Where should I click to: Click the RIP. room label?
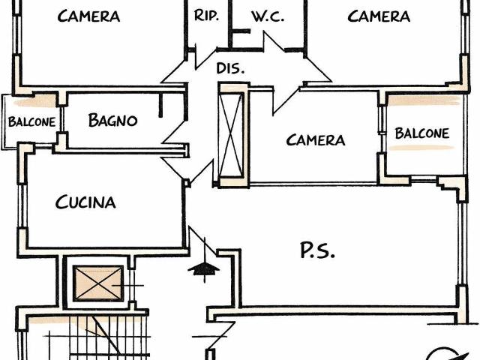point(206,15)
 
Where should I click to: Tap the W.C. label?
point(268,16)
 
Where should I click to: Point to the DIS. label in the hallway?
point(229,68)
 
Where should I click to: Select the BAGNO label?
point(112,119)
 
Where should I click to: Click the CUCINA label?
point(85,202)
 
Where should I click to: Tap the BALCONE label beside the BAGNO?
point(31,122)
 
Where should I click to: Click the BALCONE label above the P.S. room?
point(421,133)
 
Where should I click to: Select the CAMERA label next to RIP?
point(88,16)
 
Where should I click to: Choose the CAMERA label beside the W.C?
point(379,16)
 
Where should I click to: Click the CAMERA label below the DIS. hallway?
point(316,140)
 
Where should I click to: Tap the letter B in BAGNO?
point(94,119)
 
